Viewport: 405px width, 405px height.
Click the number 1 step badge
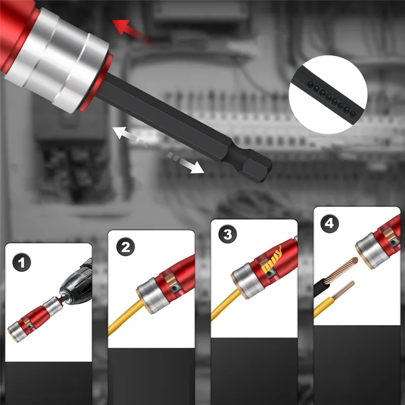click(22, 262)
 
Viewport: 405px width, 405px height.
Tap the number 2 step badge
click(126, 247)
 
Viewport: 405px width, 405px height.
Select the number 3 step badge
click(227, 234)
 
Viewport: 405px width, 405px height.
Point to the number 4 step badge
click(330, 223)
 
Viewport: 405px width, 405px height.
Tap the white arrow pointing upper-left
click(129, 137)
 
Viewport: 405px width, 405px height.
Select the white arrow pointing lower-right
click(186, 163)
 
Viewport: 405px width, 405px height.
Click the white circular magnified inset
click(328, 95)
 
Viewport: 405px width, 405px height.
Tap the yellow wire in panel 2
click(125, 317)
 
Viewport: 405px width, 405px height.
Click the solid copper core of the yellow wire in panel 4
click(343, 290)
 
